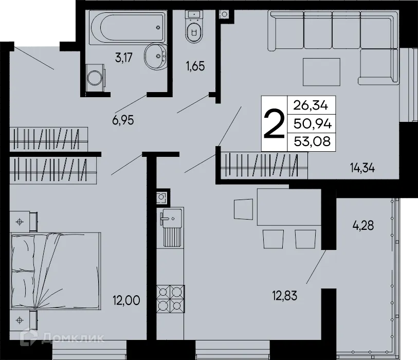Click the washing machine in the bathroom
pos(94,78)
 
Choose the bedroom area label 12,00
pos(126,299)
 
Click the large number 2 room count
pos(274,124)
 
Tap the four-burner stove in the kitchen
pos(170,298)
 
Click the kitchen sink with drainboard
pos(171,226)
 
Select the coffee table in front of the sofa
pos(321,72)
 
